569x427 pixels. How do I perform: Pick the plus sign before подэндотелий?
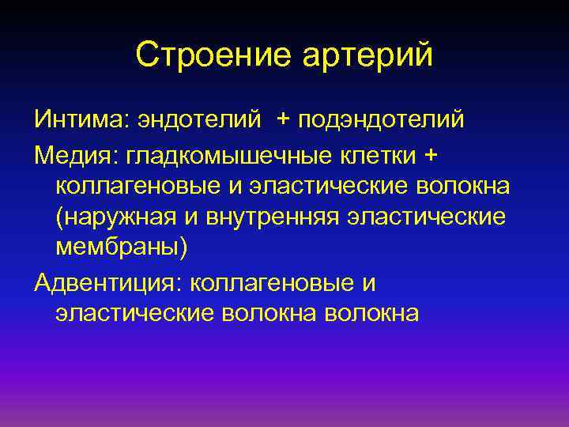click(283, 119)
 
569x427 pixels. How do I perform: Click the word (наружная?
click(107, 217)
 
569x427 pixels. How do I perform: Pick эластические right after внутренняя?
click(425, 217)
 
